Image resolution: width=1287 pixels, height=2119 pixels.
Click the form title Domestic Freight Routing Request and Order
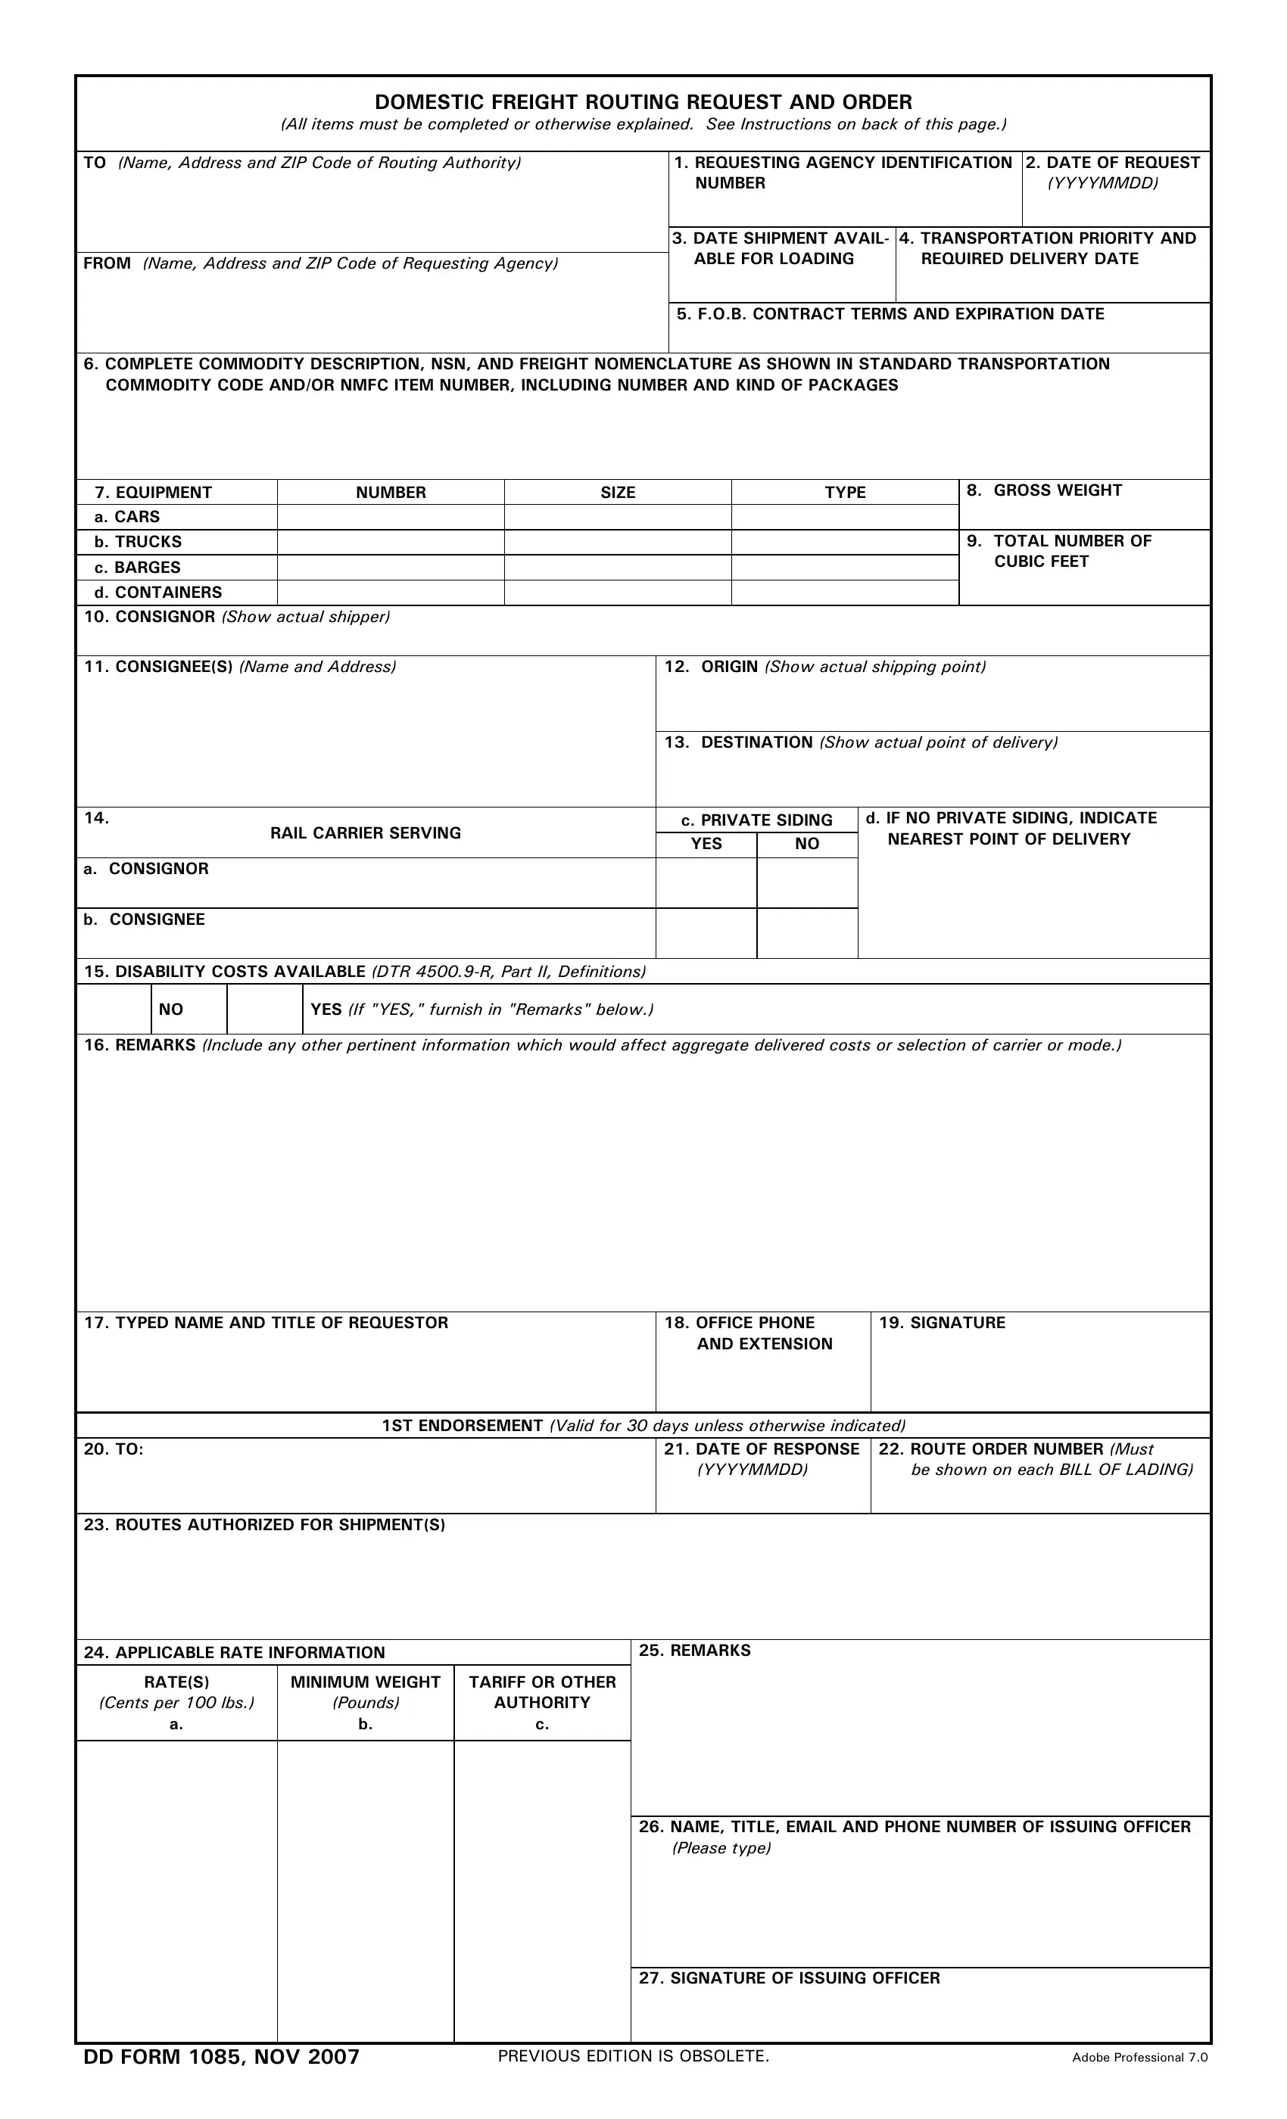point(643,102)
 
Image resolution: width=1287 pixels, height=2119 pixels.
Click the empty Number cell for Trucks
point(391,542)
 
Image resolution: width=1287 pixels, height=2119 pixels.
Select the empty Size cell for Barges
point(618,568)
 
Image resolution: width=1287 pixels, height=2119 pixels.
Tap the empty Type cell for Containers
point(845,593)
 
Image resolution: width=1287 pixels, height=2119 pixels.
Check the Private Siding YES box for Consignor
point(706,882)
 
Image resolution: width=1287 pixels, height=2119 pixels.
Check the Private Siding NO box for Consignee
point(807,933)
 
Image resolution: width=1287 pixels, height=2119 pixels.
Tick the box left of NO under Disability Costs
point(114,1009)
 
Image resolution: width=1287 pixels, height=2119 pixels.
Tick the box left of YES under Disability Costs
point(264,1009)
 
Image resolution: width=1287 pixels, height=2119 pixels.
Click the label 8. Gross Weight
point(1045,490)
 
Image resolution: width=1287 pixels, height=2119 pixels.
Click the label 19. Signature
point(942,1323)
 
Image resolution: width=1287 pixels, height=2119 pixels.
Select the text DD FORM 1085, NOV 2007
point(221,2057)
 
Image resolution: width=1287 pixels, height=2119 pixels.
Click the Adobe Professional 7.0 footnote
point(1139,2058)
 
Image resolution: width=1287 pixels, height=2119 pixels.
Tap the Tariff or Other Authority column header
point(542,1692)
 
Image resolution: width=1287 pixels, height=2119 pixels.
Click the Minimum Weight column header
point(366,1683)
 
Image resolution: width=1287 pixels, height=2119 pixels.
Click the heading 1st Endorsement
point(462,1426)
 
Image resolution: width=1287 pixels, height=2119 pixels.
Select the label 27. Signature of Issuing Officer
point(789,1978)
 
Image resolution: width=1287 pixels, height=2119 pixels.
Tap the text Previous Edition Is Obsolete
point(633,2056)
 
